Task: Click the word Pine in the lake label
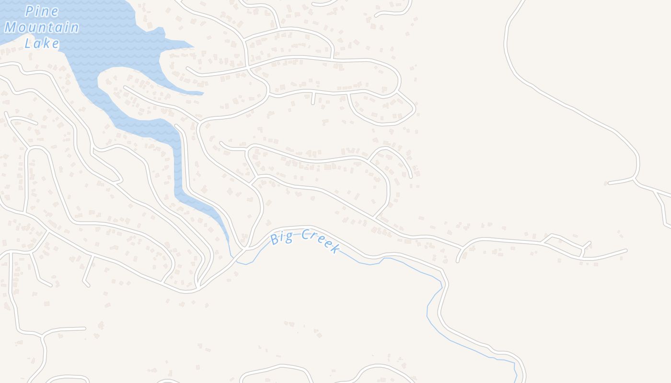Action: (42, 11)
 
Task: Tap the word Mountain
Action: (42, 27)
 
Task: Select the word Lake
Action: (42, 44)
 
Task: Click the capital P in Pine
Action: (30, 11)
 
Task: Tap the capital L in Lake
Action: (28, 44)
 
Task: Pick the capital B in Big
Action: (274, 239)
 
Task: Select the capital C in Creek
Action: (305, 235)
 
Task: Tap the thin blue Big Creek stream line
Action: (407, 266)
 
